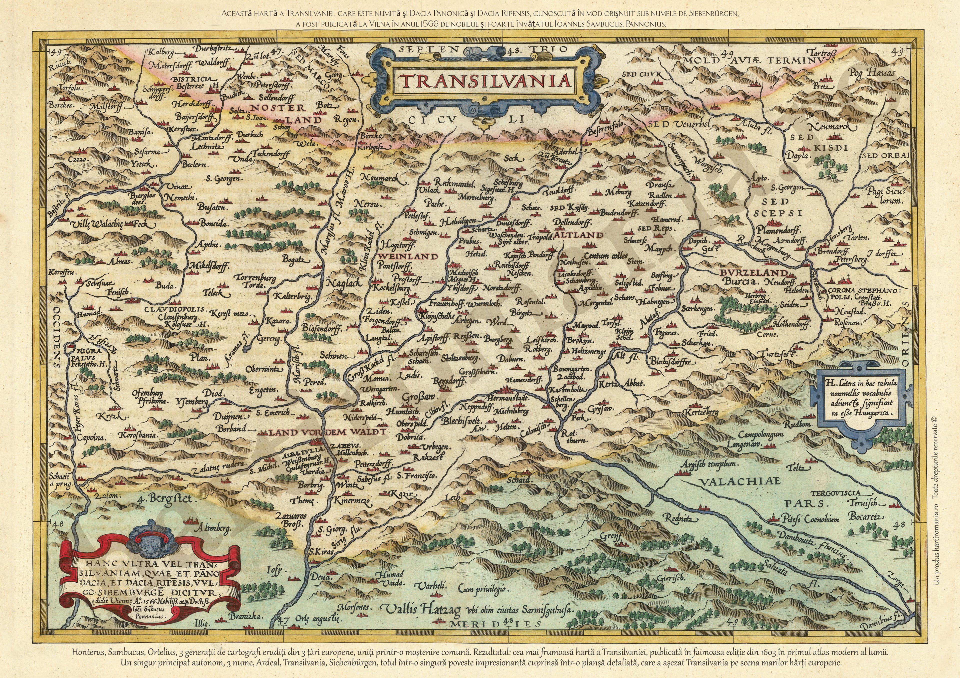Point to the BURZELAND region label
coord(753,272)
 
